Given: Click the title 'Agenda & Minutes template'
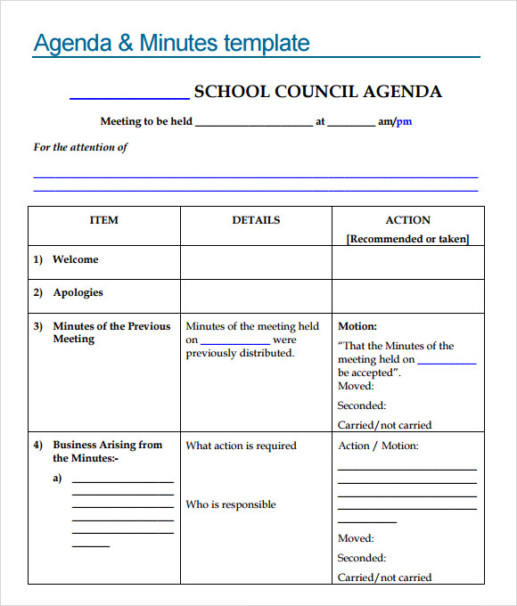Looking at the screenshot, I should (171, 43).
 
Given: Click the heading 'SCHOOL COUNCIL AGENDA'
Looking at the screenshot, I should (317, 92).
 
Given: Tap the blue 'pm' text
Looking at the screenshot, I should (404, 122).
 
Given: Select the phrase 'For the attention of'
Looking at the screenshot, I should (80, 147).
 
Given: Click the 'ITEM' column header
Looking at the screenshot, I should (103, 220).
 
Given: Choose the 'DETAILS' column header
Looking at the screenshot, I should (256, 220).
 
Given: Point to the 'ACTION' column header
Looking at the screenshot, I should (407, 220).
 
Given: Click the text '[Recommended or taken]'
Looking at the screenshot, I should (407, 239).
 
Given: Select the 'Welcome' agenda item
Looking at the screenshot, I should (76, 259).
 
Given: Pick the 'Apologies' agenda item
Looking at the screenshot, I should (78, 292).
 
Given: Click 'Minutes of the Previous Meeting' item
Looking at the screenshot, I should (111, 332).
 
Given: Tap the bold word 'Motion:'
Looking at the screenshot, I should (357, 326).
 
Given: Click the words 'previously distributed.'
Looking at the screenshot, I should (240, 353).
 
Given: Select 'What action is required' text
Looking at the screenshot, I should (241, 446).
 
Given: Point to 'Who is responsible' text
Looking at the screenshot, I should (231, 504).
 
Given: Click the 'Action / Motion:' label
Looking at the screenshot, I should (378, 446).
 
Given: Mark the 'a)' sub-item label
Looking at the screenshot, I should (57, 478).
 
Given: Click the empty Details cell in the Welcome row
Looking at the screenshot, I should (256, 262).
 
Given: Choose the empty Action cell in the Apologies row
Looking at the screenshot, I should (407, 295).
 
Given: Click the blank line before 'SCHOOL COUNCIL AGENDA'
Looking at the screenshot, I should (128, 96).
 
